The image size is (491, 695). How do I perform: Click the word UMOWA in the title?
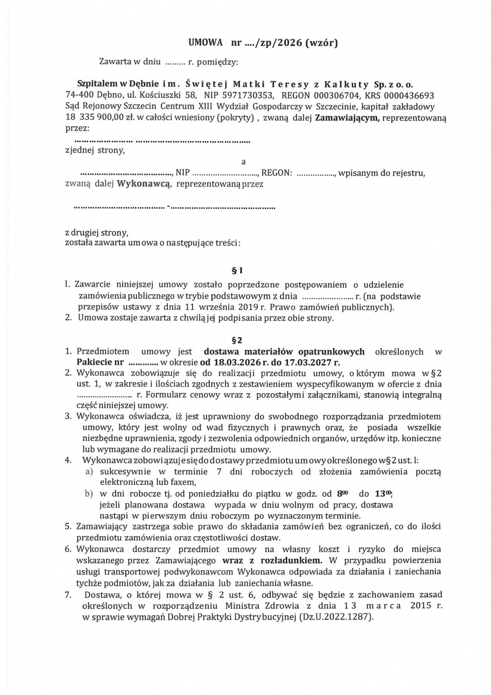(x=206, y=43)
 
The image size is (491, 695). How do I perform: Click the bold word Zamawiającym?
(x=347, y=118)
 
